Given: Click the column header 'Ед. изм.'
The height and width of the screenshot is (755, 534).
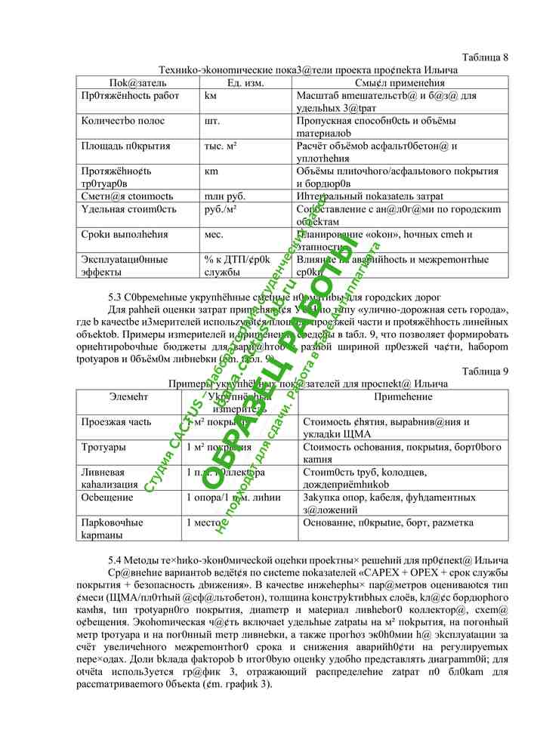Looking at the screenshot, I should (245, 82).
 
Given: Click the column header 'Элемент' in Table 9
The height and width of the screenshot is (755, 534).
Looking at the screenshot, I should (128, 396).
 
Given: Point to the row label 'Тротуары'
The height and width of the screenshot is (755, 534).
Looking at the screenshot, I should (103, 448).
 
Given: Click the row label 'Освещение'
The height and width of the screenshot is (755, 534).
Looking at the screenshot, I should (107, 498).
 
